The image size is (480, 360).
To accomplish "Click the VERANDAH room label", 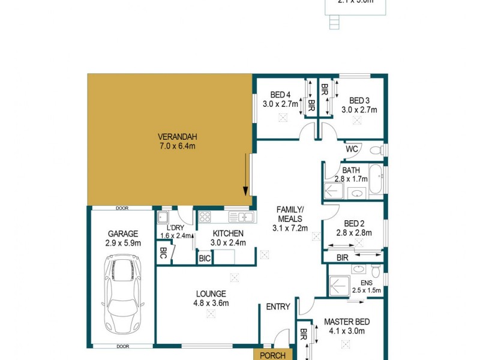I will point(169,135).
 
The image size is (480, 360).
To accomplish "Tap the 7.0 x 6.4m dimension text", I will point(169,146).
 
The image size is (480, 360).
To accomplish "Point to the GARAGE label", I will point(123,233).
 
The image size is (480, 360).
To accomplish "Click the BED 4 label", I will point(280,94).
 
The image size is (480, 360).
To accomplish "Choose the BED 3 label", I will point(359,100).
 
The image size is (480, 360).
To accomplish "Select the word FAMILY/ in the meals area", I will point(290,209).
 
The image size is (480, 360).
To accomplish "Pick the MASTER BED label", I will point(347,322).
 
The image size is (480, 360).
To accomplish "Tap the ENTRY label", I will point(278,307).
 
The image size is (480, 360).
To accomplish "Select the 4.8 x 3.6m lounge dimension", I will point(211,303).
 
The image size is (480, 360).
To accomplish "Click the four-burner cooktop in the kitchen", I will point(205,217).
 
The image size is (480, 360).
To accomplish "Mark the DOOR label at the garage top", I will point(122,208).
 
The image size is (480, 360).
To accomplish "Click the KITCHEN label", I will point(228,233).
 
